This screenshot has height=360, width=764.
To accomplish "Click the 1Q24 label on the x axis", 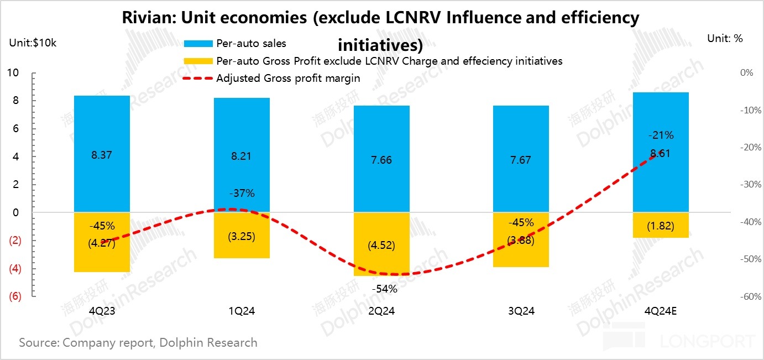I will coord(242,311).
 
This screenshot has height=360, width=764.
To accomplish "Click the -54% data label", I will coord(384,288).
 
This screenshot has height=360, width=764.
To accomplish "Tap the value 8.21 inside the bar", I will coord(242,156).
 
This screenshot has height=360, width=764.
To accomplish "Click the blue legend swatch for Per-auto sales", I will coord(197,43).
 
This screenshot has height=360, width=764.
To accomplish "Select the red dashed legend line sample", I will coord(197,79).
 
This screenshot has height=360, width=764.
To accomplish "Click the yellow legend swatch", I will coord(197,61).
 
